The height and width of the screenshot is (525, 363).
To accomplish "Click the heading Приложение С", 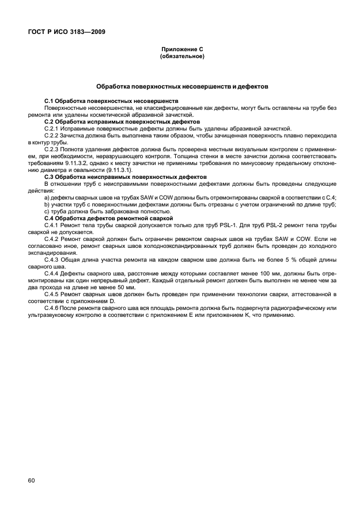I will pyautogui.click(x=181, y=50).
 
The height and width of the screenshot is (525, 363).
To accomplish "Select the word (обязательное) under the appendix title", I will pyautogui.click(x=181, y=57).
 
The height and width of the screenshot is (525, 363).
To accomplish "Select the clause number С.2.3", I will pyautogui.click(x=52, y=148).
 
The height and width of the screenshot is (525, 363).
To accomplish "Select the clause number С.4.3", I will pyautogui.click(x=52, y=260).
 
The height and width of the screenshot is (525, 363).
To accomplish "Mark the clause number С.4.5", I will pyautogui.click(x=52, y=294).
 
